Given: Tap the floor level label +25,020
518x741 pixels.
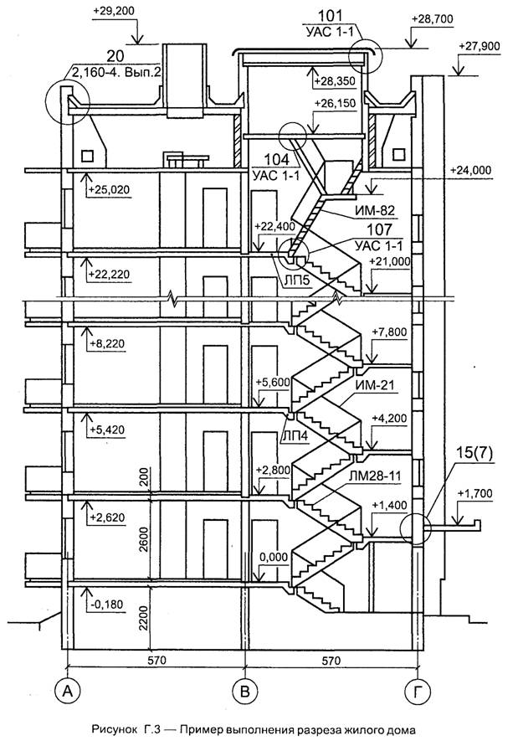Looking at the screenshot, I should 108,189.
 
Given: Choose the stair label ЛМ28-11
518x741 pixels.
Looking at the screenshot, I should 378,474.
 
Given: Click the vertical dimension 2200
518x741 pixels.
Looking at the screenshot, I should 143,620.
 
